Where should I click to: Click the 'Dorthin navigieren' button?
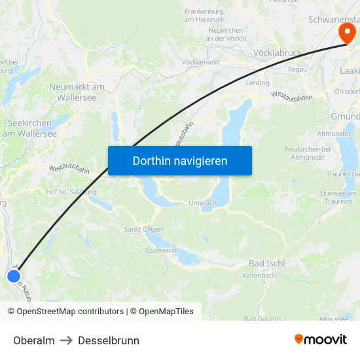[180, 160]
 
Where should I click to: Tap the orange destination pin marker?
[345, 31]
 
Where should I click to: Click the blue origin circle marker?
[14, 276]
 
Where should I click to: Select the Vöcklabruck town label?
[276, 52]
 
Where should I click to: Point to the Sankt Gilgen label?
[143, 229]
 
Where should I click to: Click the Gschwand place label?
[160, 250]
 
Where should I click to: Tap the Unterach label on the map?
[202, 203]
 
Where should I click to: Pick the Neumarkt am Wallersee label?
[77, 92]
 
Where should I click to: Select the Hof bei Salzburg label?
[71, 192]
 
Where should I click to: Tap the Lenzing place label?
[257, 83]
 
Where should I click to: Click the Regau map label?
[297, 69]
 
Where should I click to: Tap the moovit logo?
[321, 339]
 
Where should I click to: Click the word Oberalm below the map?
[34, 340]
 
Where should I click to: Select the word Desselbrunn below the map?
[109, 340]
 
